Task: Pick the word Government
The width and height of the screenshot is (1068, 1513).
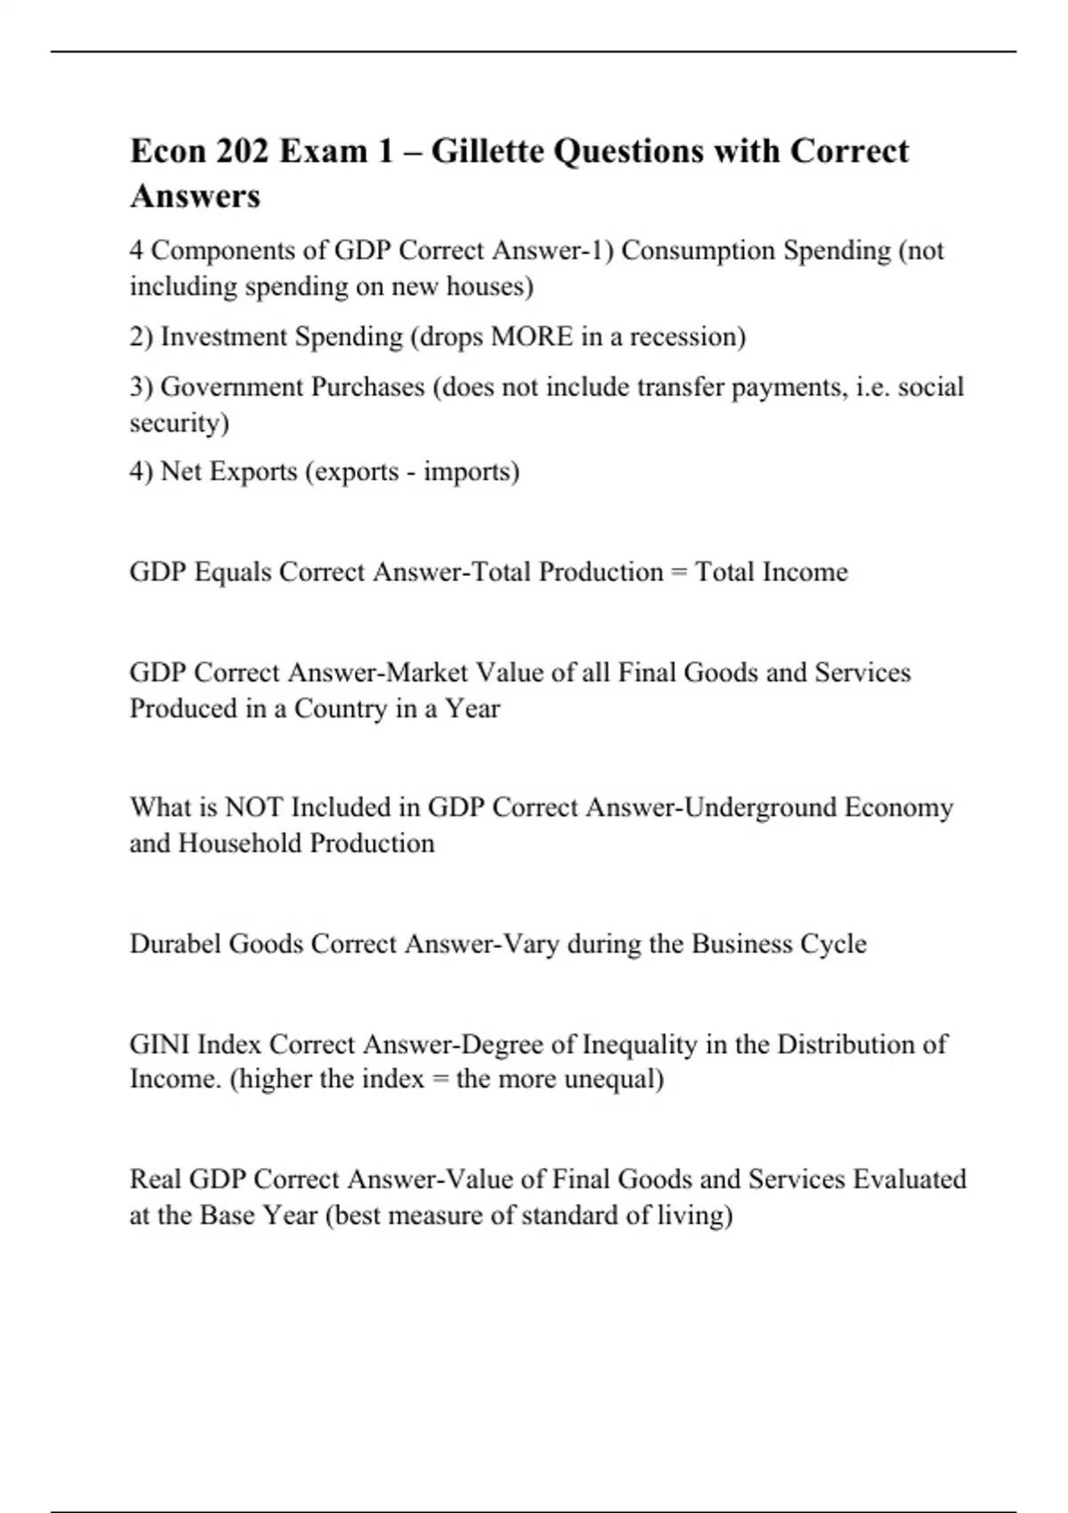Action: click(x=232, y=387)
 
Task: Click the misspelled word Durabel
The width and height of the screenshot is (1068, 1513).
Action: click(x=175, y=943)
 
